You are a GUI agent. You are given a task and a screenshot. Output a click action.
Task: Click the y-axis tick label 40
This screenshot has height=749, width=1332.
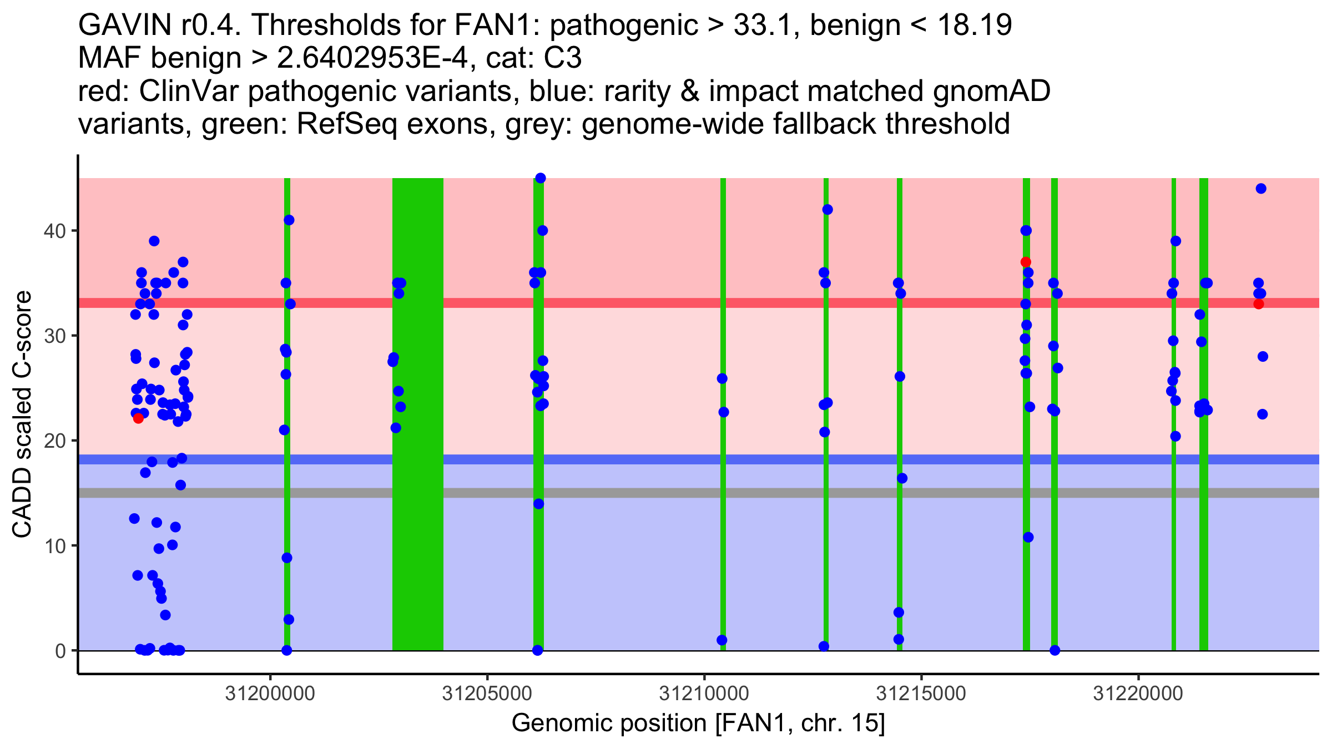pos(54,231)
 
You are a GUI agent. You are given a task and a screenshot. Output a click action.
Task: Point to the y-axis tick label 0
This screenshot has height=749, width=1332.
pos(60,651)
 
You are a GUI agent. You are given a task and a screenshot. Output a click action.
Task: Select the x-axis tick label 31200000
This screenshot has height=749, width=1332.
pos(270,694)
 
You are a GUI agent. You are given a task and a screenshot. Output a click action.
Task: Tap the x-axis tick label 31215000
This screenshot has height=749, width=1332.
pos(921,694)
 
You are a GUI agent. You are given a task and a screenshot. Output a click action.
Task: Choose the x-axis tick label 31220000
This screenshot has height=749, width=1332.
pos(1138,694)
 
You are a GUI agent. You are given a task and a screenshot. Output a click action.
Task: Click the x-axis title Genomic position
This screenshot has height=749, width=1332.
pos(698,723)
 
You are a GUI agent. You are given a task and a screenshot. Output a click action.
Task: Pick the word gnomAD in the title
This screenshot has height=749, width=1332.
pos(991,92)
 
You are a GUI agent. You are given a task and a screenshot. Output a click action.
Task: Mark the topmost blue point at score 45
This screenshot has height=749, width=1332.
pos(541,178)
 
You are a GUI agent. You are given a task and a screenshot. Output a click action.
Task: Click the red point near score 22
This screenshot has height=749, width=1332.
pos(138,418)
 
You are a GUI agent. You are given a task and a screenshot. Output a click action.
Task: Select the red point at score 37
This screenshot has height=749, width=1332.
pos(1026,262)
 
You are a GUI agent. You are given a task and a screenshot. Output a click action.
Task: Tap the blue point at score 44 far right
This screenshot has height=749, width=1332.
pos(1261,189)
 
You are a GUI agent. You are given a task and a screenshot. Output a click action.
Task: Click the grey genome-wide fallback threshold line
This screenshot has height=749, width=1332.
pos(666,493)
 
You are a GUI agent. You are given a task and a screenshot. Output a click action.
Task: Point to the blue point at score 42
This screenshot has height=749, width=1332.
pos(828,209)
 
